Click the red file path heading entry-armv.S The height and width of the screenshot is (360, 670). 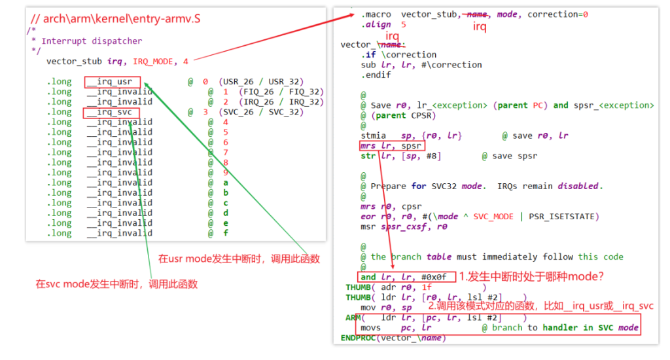115,19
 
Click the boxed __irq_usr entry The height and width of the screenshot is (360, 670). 112,82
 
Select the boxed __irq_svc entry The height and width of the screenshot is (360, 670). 111,113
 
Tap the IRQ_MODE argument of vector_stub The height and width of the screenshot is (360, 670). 153,62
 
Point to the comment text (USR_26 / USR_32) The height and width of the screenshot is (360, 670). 261,82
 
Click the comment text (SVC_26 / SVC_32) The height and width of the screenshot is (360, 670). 261,112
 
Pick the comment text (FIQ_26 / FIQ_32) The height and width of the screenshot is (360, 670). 281,92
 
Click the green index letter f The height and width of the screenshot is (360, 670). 226,233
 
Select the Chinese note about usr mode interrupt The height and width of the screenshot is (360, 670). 239,259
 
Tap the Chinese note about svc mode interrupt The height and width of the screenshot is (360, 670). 116,284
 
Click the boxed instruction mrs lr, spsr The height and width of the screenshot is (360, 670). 392,146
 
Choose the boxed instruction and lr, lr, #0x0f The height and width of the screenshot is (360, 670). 406,277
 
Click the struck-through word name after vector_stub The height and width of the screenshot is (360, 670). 477,14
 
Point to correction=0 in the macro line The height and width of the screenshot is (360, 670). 557,14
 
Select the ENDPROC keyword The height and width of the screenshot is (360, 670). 358,338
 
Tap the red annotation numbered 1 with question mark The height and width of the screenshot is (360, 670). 531,277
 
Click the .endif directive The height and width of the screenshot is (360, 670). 376,75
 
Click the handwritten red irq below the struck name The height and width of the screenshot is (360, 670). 393,36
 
